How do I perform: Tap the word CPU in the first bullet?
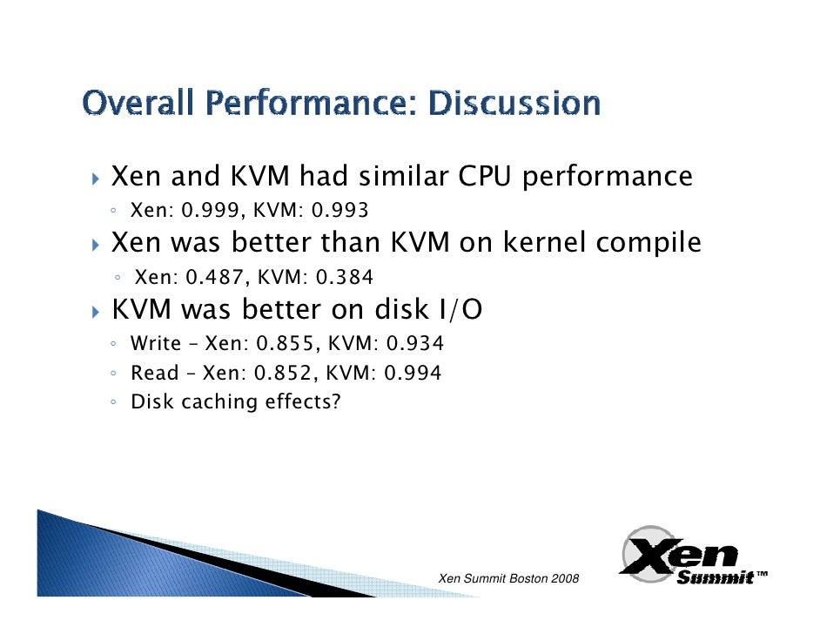coord(484,177)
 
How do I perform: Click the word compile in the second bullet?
coord(648,243)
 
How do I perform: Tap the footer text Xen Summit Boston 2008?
coord(508,579)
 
